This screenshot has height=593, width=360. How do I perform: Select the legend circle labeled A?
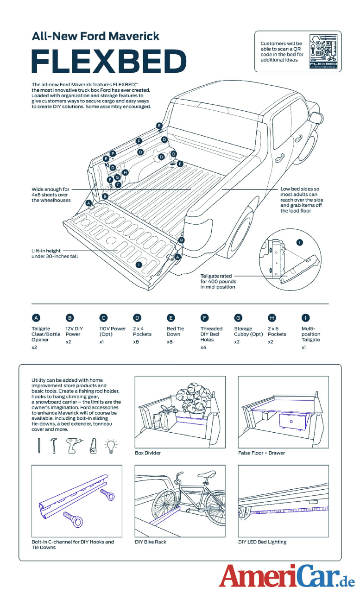coord(36,317)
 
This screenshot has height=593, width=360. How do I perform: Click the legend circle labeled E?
coord(171,317)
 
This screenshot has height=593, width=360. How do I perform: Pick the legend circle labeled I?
coord(306,317)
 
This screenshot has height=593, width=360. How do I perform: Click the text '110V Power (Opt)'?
coord(112,331)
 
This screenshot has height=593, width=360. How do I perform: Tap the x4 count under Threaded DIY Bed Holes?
coord(203,347)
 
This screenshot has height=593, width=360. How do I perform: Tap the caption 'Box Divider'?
coord(148,453)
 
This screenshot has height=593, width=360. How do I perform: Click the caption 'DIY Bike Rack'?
coord(151,542)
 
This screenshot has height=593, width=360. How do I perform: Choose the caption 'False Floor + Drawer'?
coord(261,453)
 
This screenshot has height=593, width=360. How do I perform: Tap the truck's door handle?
coord(279,158)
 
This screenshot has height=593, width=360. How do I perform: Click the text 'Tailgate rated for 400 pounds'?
coord(218,281)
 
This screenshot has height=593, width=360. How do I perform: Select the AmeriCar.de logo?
coord(287,576)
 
